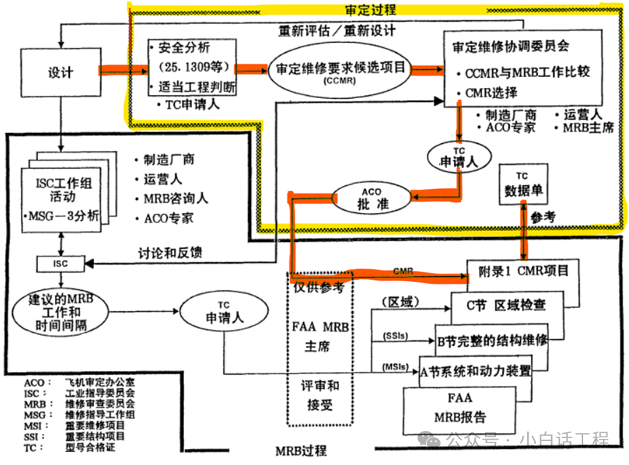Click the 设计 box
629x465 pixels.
point(62,73)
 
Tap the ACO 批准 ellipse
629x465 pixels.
point(372,198)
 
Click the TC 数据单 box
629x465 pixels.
point(523,185)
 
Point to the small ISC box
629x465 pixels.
point(60,264)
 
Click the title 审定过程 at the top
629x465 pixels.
point(370,9)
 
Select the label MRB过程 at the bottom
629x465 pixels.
point(301,451)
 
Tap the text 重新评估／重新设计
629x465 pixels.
point(337,31)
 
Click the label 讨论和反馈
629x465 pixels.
point(170,253)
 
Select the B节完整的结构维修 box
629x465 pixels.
point(492,339)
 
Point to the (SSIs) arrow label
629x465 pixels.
point(394,336)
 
